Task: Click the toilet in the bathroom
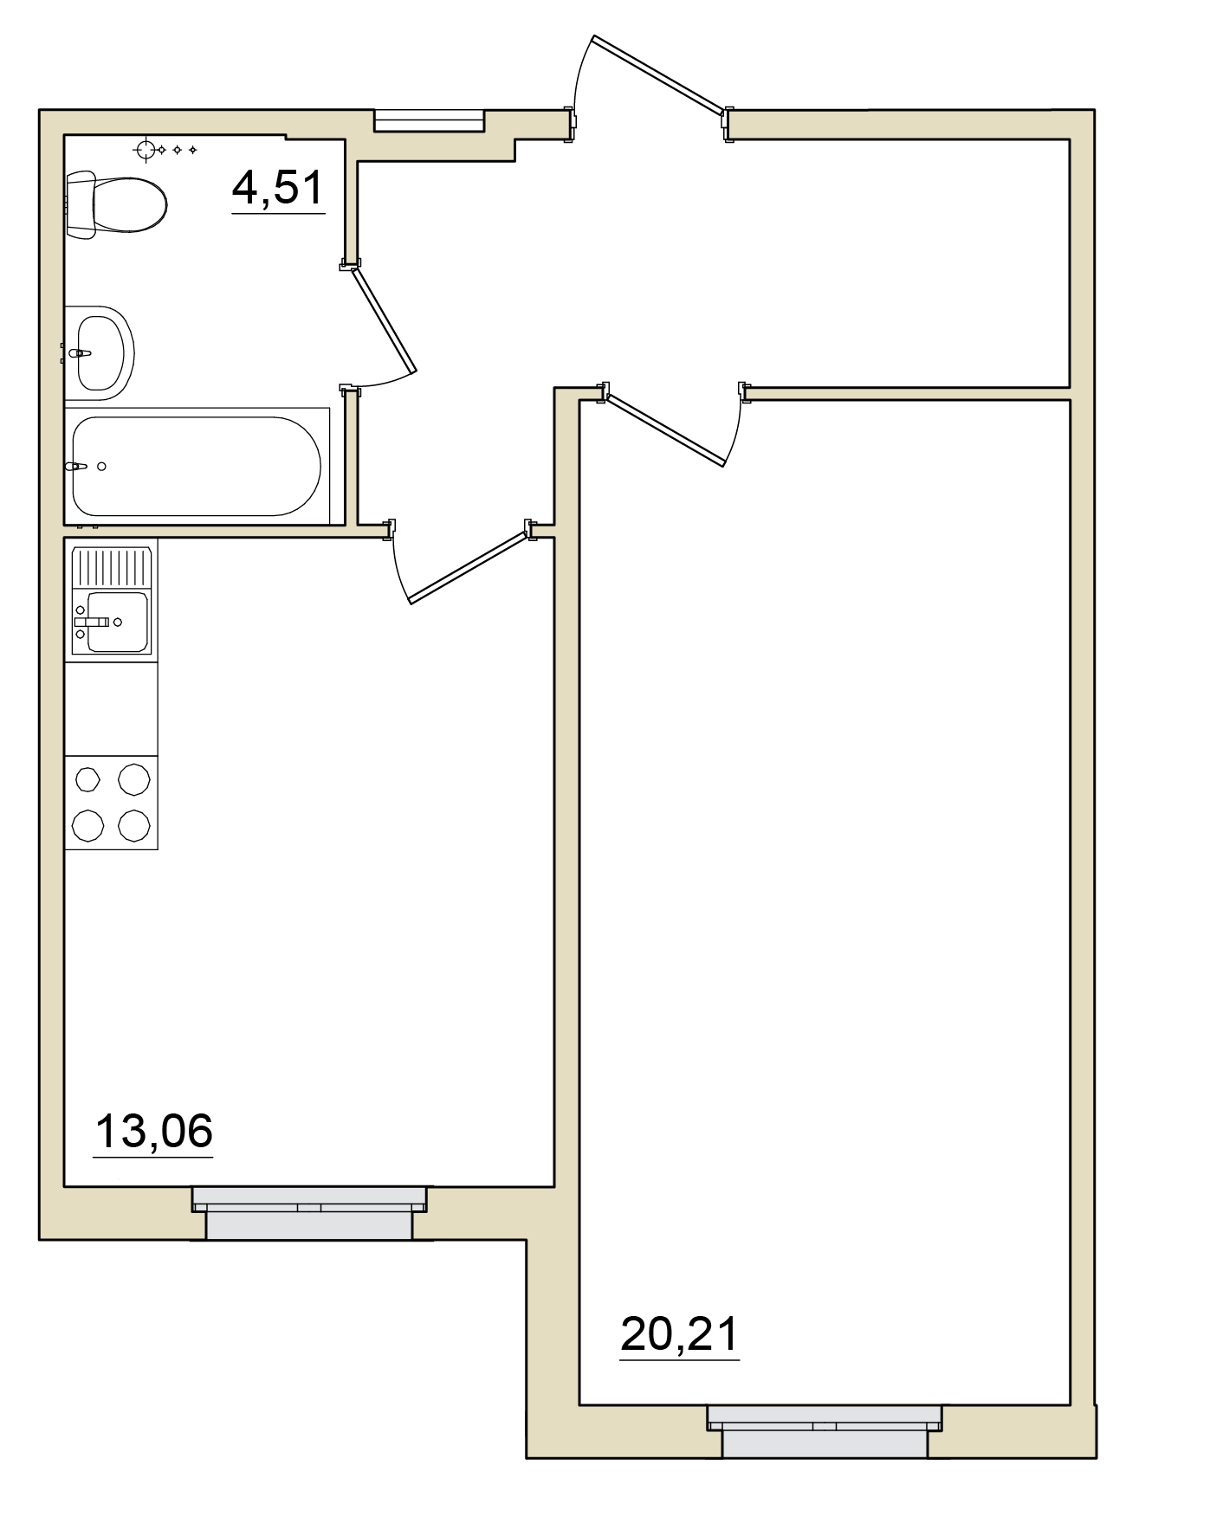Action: pos(116,204)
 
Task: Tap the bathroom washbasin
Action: pos(100,352)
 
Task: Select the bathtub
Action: pos(197,466)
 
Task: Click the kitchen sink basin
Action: pos(119,622)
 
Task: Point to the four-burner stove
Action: pos(112,803)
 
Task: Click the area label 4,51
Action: pos(278,188)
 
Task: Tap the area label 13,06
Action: pos(153,1132)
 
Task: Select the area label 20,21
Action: pos(680,1334)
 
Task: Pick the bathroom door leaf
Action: pos(383,317)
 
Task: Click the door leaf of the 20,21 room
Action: pos(665,430)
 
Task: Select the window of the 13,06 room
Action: pos(309,1212)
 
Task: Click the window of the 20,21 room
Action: pos(825,1430)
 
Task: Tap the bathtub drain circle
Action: pos(102,467)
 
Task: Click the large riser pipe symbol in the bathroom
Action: pos(146,151)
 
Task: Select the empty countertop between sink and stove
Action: pos(112,709)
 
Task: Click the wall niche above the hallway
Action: pos(429,120)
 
